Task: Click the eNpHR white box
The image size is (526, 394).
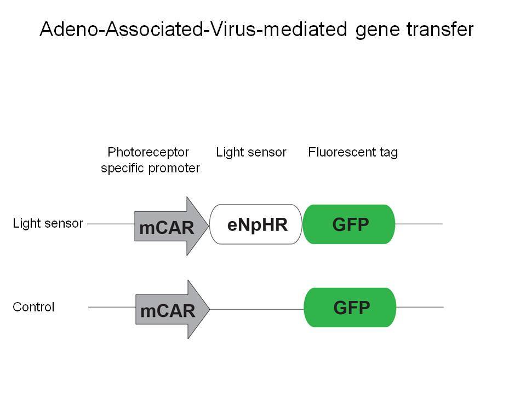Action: point(256,224)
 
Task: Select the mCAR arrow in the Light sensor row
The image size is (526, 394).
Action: point(171,226)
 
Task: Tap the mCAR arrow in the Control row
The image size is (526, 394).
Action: point(173,309)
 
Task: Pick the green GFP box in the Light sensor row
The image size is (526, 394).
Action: point(349,224)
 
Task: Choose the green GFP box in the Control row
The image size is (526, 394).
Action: point(350,307)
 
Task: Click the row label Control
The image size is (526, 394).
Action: point(33,307)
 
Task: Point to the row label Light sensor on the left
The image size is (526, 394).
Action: point(48,223)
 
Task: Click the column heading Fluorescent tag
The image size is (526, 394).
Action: point(353,153)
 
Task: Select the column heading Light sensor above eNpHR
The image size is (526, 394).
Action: point(251,153)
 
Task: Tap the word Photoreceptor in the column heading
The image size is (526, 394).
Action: point(148,153)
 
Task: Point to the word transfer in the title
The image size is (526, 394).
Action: point(440,29)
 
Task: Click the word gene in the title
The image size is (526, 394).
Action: point(377,31)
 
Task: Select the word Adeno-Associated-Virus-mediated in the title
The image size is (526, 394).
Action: point(193,29)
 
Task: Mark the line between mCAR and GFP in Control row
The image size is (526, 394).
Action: point(257,309)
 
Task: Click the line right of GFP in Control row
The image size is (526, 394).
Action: point(420,307)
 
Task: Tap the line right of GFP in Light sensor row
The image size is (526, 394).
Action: point(419,224)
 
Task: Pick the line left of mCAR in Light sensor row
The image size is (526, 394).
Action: point(111,224)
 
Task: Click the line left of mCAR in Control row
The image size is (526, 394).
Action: point(112,307)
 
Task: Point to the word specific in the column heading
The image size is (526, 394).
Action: point(123,168)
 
